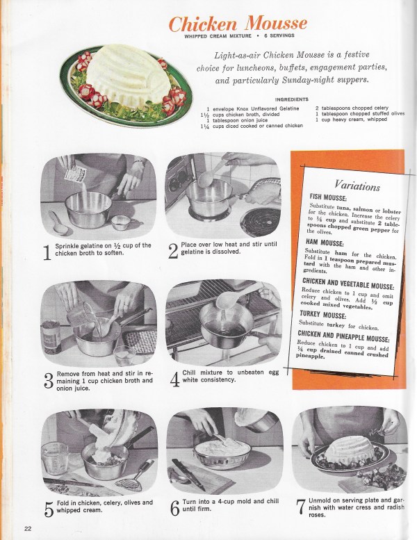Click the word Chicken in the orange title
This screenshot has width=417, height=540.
point(203,24)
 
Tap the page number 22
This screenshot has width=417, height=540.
point(28,529)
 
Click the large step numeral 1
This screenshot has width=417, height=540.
point(47,252)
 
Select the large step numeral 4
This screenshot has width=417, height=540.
point(174,379)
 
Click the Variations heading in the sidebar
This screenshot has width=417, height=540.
point(357,186)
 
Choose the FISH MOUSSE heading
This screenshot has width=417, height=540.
point(328,197)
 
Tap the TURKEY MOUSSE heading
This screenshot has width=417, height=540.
point(322,315)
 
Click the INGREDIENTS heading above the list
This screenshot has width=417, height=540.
point(292,99)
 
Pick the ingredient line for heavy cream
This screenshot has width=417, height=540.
point(351,120)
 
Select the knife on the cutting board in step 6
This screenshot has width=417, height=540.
point(188,473)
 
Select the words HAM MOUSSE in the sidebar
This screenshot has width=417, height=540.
point(324,243)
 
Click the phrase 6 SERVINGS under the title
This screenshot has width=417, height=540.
point(279,35)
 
